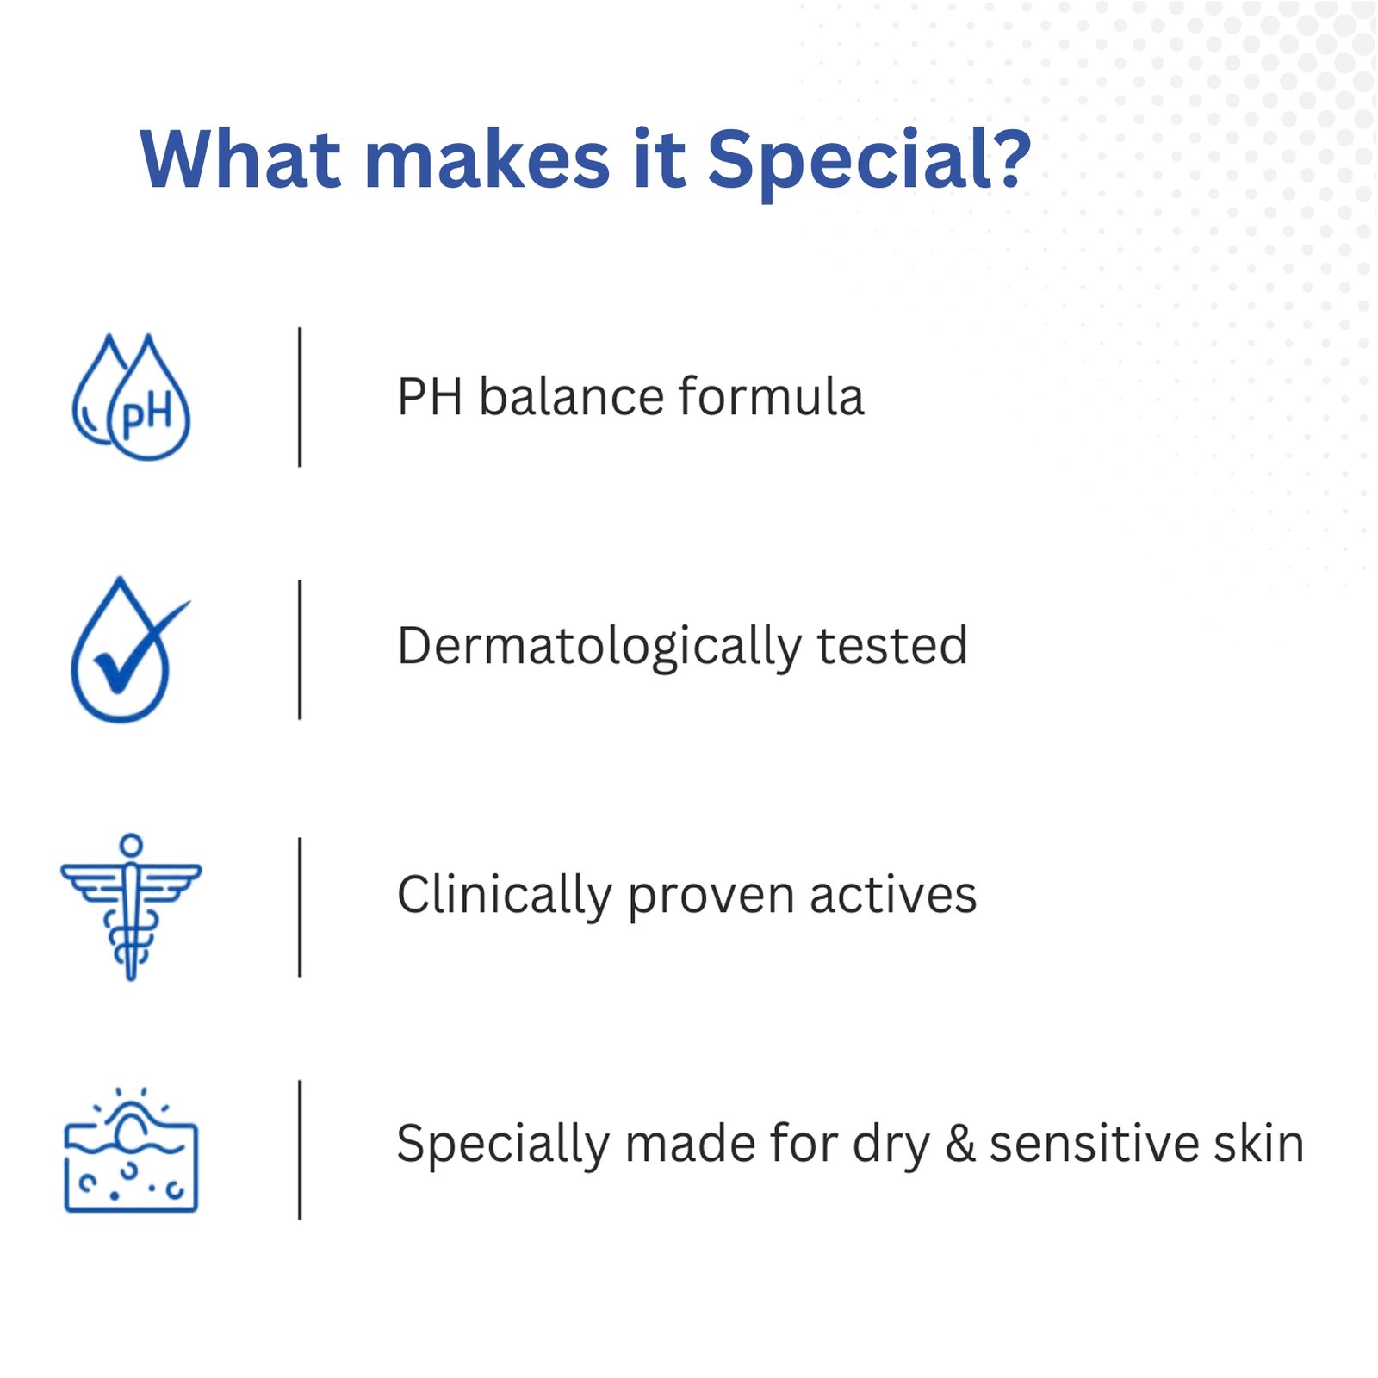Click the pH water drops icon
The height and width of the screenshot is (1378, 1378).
click(131, 397)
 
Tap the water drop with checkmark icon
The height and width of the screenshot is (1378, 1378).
click(129, 649)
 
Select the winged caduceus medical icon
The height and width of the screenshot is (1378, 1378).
click(131, 907)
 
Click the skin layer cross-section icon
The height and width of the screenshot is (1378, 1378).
click(131, 1150)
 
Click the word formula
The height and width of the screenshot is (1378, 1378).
click(772, 397)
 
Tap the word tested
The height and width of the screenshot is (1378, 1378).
click(892, 646)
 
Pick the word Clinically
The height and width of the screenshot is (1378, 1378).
click(505, 897)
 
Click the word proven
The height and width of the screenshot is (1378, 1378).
click(711, 899)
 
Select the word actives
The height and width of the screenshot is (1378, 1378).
click(893, 895)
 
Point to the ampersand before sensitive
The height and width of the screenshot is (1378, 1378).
click(960, 1144)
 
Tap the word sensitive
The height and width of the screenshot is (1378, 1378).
click(1094, 1144)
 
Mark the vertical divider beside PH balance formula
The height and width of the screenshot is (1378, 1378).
click(300, 397)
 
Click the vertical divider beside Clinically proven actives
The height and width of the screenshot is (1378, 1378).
click(300, 907)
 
